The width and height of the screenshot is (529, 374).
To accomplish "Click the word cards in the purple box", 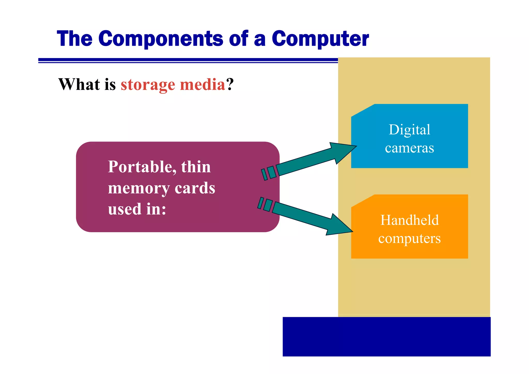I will click(195, 188).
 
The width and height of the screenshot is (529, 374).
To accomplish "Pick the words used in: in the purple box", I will click(137, 209).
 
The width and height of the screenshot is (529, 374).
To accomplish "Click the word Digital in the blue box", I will click(409, 130).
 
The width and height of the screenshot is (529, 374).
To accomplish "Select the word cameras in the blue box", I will click(409, 148).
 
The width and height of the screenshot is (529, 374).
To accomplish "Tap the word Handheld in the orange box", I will click(409, 220).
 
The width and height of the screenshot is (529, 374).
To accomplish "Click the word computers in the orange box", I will click(409, 238).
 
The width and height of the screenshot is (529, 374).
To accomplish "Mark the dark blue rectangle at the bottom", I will click(386, 337).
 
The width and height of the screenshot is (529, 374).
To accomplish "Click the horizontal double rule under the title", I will click(188, 60).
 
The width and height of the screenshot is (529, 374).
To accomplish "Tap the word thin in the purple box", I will click(196, 167).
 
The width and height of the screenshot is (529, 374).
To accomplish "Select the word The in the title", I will click(75, 39).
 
